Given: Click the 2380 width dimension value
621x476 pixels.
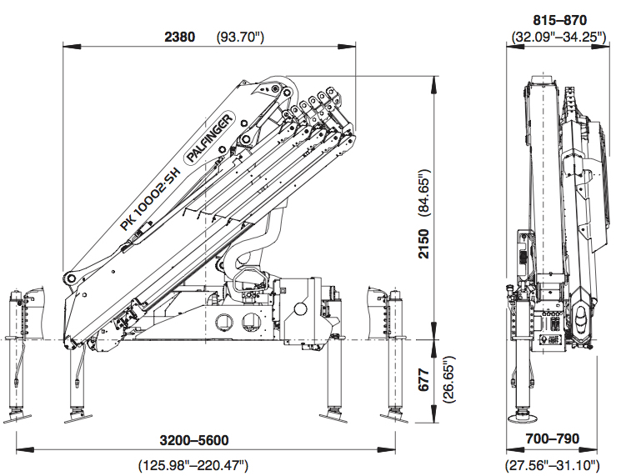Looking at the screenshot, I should click(180, 37).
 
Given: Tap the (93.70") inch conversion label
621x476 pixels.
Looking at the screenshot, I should click(240, 37).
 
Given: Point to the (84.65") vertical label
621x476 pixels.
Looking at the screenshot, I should click(425, 193).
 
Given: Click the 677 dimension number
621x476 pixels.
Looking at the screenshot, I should click(425, 378).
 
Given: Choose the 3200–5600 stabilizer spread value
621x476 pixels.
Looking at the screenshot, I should click(194, 440).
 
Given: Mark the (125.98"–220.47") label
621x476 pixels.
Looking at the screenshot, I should click(193, 463).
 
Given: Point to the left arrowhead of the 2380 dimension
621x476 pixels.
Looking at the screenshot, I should click(67, 48).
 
